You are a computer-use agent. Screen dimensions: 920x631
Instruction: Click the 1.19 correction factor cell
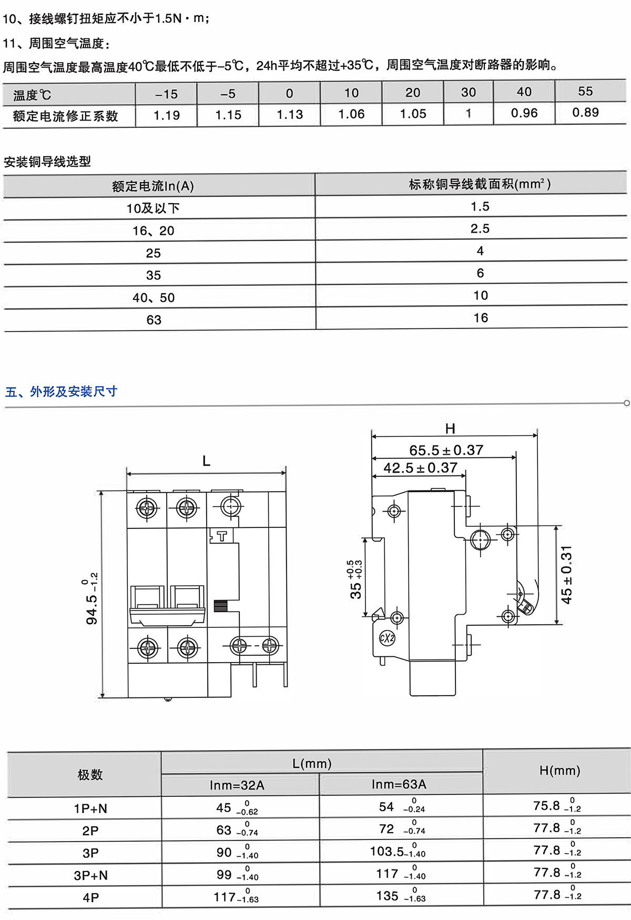pos(167,115)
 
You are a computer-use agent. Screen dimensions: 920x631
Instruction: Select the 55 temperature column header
pos(585,92)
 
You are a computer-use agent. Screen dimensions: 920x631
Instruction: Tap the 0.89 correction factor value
pos(585,113)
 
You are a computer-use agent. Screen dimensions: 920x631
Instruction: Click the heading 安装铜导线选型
pos(47,162)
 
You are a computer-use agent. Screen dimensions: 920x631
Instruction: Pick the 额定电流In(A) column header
pos(153,186)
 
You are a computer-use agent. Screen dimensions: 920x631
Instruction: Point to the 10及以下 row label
pos(153,208)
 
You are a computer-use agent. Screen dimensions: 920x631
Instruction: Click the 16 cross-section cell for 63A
pos(481,318)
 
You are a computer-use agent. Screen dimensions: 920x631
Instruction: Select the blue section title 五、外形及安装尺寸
pos(61,392)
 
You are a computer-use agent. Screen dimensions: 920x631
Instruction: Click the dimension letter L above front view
pos(206,462)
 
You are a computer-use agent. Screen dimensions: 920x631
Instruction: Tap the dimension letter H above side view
pos(450,429)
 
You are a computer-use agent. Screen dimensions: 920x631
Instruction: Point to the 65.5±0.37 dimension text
pos(446,451)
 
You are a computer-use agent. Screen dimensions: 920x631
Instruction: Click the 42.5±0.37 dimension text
pos(420,468)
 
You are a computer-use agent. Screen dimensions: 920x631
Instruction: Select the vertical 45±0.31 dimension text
pos(566,575)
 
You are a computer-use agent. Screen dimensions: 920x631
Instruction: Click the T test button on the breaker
pos(222,536)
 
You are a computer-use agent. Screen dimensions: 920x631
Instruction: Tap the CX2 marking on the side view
pos(387,638)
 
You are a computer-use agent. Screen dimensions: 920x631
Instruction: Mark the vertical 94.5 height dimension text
pos(91,600)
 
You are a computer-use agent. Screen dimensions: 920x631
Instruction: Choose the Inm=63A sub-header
pos(399,784)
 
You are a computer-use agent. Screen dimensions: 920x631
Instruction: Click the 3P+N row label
pos(90,875)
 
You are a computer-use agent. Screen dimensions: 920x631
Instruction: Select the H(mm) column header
pos(559,771)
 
